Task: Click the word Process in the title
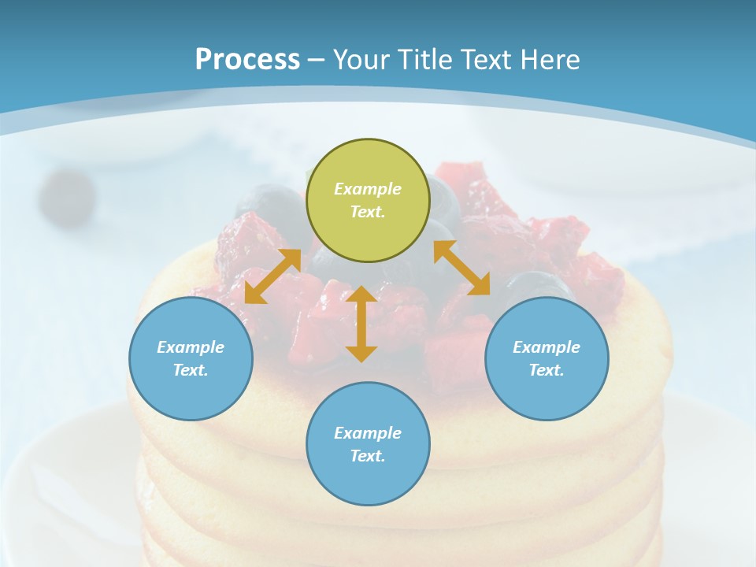[x=247, y=60]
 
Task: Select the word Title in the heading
[x=424, y=60]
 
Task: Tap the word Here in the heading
[x=550, y=60]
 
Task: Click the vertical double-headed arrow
[x=361, y=324]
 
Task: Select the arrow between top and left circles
[x=272, y=276]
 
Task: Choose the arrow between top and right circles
[x=461, y=268]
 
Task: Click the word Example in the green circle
[x=368, y=189]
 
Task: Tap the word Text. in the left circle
[x=191, y=370]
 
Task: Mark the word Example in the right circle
[x=547, y=347]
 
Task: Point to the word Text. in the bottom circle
[x=368, y=456]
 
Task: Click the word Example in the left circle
[x=191, y=347]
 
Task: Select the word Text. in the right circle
[x=547, y=370]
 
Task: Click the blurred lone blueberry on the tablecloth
[x=67, y=197]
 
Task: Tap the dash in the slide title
[x=317, y=60]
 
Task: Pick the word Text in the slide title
[x=485, y=60]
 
